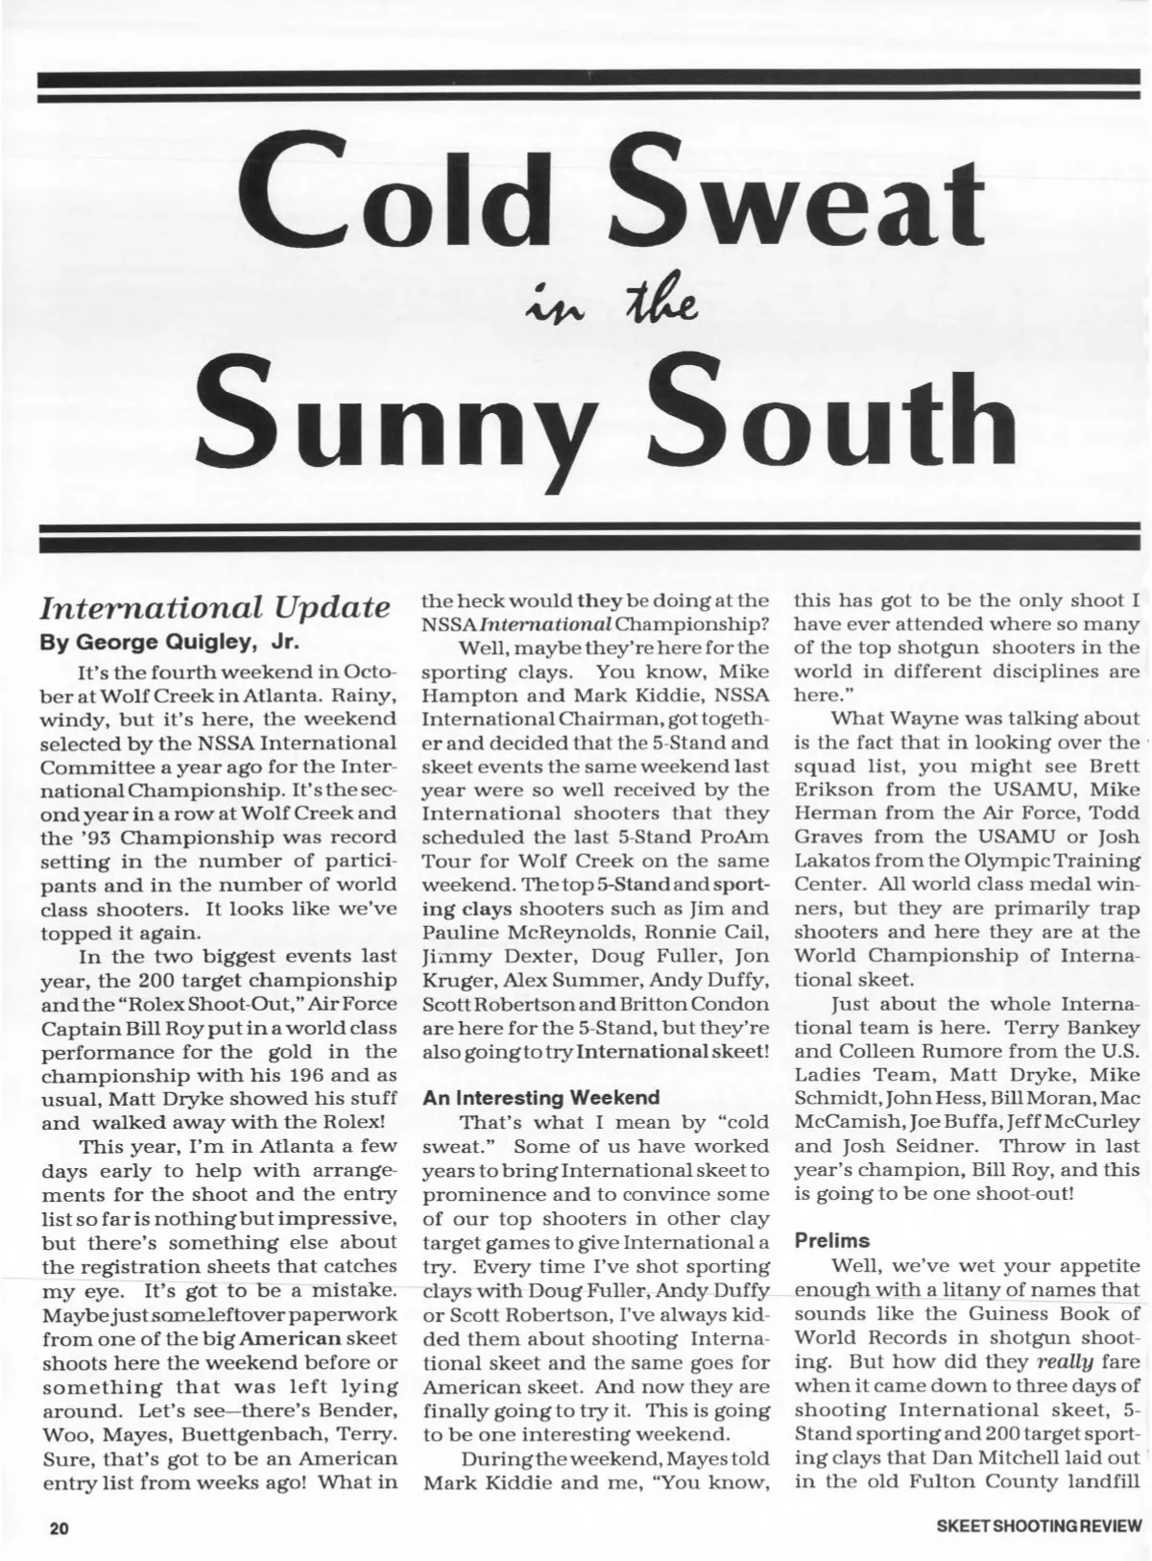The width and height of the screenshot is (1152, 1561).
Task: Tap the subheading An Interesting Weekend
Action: click(x=541, y=1097)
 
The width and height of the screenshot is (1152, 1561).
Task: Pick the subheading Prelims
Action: click(x=831, y=1240)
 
